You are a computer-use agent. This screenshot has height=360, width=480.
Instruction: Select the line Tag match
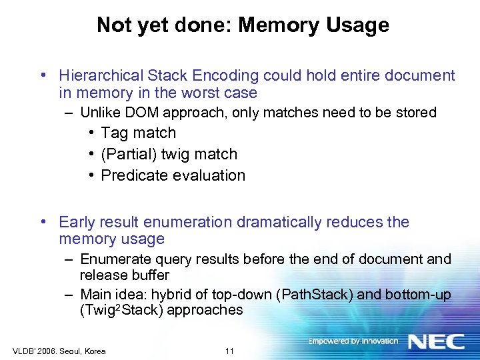click(x=138, y=133)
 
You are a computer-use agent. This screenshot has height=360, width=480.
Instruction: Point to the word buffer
click(x=149, y=275)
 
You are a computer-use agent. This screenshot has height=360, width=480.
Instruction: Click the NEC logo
click(x=436, y=342)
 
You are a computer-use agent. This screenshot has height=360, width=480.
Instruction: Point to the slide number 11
click(x=229, y=351)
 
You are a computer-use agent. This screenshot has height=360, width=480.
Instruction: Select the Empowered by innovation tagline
click(x=353, y=341)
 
